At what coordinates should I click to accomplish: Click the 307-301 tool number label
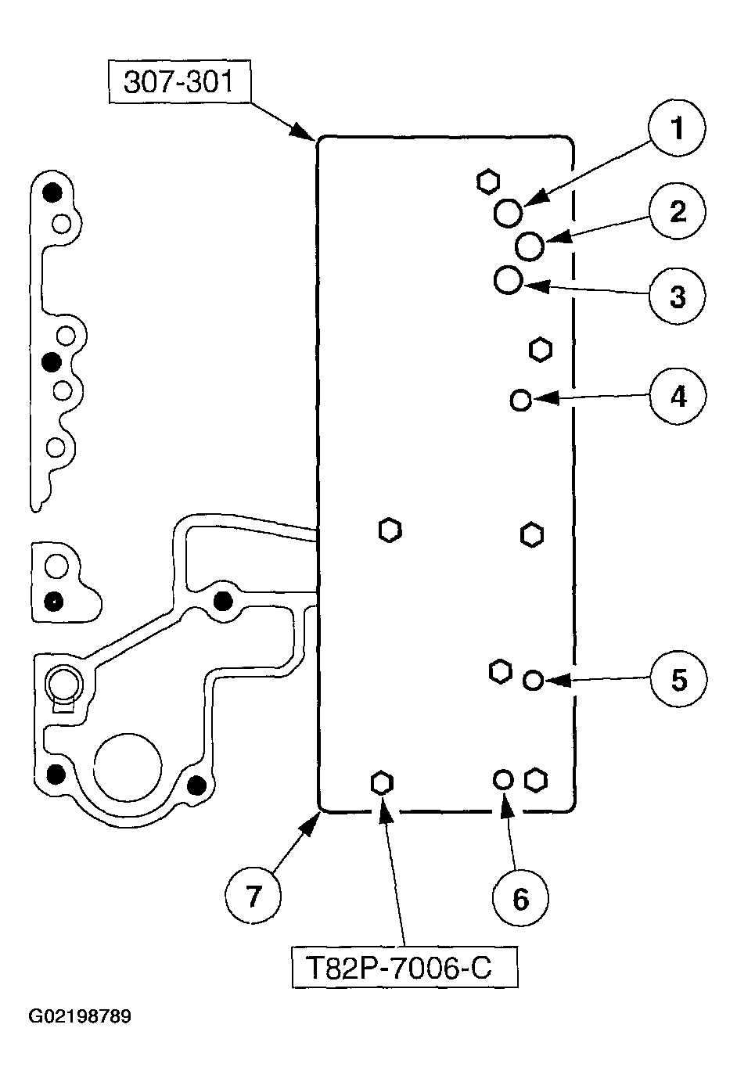click(x=179, y=81)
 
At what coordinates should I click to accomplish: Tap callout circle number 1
click(x=677, y=128)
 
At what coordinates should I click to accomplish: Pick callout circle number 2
click(x=677, y=211)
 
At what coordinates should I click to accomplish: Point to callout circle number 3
click(x=677, y=296)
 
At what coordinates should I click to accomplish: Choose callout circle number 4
click(x=678, y=397)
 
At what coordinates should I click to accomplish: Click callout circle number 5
click(x=678, y=679)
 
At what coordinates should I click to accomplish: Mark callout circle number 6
click(x=520, y=898)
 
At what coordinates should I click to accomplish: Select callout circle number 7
click(x=253, y=895)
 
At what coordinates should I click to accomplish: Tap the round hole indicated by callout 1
click(x=508, y=213)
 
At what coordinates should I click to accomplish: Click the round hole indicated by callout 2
click(x=530, y=246)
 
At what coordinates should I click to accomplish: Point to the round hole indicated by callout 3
click(x=508, y=279)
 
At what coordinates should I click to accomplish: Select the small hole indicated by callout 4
click(x=520, y=400)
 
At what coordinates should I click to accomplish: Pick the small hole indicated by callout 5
click(x=533, y=680)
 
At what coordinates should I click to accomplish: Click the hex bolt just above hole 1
click(x=487, y=182)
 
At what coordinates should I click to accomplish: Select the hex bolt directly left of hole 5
click(x=500, y=671)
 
